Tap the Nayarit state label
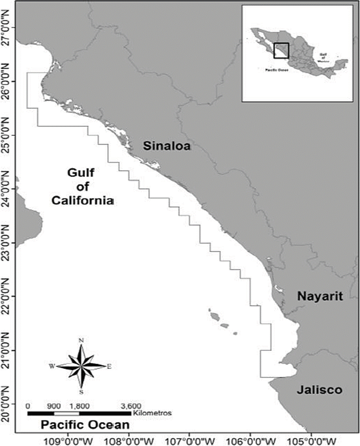pos(320,296)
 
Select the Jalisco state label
pos(319,390)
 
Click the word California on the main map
pos(83,200)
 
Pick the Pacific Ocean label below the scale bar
pos(86,425)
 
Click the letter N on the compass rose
pos(81,341)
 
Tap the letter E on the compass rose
pos(109,366)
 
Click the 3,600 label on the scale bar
pos(131,406)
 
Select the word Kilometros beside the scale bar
pos(153,413)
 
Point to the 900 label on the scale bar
pos(54,406)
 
